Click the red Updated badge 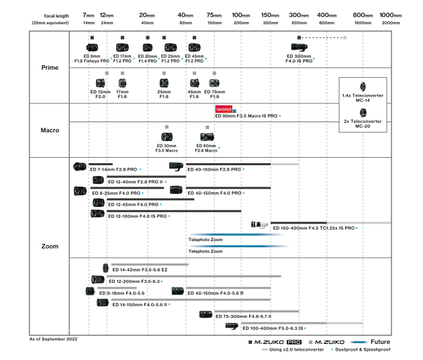pos(223,109)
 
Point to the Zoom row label pos(50,246)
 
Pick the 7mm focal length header pos(89,15)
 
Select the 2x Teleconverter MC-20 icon pos(363,112)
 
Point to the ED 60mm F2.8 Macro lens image pos(207,136)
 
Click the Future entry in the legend pos(380,341)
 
